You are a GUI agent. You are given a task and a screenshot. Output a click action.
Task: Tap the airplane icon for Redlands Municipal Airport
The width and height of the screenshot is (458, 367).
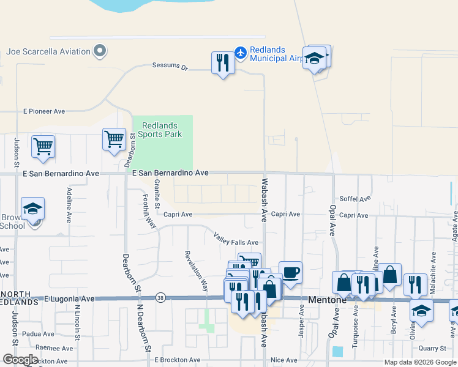(x=241, y=53)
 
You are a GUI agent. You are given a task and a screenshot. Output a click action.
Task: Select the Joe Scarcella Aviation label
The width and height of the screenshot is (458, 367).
(x=48, y=51)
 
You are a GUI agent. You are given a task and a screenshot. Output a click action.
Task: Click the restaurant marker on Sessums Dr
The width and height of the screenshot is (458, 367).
(x=223, y=62)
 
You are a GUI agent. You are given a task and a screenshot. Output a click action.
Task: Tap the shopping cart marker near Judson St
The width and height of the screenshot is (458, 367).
(x=43, y=146)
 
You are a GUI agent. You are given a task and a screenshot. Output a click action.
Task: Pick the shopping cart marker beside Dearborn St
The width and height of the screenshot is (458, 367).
(x=114, y=139)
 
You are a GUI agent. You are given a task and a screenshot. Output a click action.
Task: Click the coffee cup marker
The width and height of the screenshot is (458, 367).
(x=290, y=272)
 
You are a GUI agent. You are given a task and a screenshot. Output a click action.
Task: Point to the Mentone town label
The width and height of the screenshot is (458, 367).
(x=328, y=300)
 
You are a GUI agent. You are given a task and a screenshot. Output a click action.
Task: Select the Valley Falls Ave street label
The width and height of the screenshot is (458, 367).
(x=236, y=239)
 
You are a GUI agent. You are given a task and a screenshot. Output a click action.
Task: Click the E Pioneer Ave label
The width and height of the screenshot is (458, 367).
(x=44, y=112)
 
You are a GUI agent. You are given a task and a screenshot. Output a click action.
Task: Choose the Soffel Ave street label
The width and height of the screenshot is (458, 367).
(x=355, y=199)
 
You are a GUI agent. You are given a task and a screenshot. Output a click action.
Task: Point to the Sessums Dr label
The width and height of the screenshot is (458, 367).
(x=170, y=66)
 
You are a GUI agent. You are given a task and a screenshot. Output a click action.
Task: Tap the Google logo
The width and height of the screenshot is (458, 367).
(x=20, y=359)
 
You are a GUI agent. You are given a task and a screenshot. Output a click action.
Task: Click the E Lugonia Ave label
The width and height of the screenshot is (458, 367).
(x=70, y=299)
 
